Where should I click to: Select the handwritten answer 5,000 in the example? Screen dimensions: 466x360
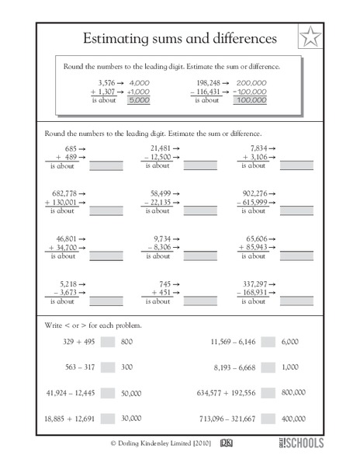tap(140, 99)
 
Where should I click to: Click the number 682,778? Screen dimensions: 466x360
tap(61, 192)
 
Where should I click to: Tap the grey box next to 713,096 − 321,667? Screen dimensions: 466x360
tap(268, 419)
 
